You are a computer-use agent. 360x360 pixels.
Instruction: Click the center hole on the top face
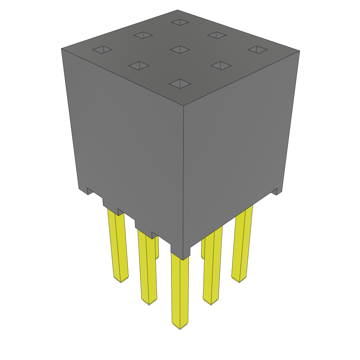[x=180, y=50]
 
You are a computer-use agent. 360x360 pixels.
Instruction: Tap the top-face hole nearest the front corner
[x=180, y=84]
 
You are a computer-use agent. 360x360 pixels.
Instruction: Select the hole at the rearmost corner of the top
[x=180, y=22]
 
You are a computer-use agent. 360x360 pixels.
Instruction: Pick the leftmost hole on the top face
[x=102, y=50]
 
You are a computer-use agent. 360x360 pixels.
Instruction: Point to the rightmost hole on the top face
[x=258, y=50]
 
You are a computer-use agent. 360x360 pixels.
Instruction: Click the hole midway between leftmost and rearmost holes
[x=143, y=35]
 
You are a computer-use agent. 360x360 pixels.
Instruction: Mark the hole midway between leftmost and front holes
[x=139, y=66]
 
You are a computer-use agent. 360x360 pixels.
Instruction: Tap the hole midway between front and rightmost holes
[x=221, y=65]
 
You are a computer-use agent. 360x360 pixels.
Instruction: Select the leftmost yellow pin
[x=118, y=246]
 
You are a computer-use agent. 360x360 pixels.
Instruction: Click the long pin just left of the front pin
[x=148, y=267]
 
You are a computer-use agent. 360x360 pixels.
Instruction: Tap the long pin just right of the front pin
[x=212, y=267]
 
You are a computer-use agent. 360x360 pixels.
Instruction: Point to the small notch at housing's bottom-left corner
[x=90, y=192]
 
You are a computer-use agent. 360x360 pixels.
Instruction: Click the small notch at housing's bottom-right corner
[x=275, y=192]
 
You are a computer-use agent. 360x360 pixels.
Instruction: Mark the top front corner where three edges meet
[x=184, y=105]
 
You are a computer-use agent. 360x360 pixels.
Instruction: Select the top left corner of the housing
[x=62, y=49]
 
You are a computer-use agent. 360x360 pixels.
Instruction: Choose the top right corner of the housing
[x=300, y=51]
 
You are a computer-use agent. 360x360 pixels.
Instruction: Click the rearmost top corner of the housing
[x=177, y=10]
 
